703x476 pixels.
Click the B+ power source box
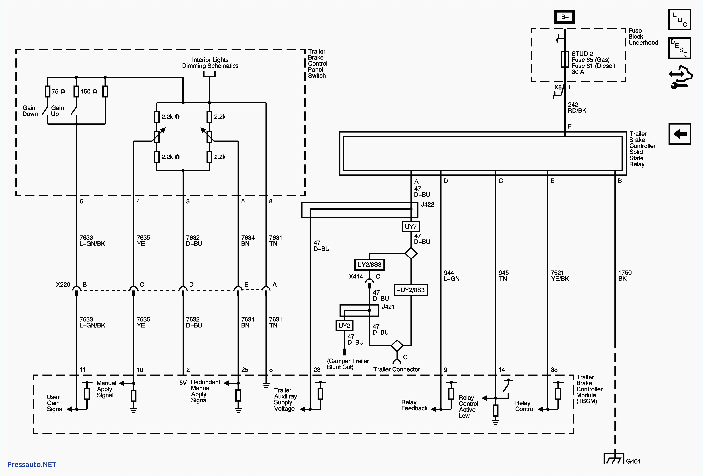[565, 17]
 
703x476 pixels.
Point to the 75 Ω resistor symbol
[48, 91]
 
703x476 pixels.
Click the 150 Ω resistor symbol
[76, 91]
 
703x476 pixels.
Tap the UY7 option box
[411, 227]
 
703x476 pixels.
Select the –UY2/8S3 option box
[411, 290]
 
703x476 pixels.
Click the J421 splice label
[388, 307]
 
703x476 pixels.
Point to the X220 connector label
[63, 284]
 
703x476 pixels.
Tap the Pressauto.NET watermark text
[32, 465]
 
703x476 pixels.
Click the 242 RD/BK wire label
[577, 107]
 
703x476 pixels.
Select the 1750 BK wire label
[625, 275]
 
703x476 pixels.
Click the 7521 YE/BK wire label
[560, 275]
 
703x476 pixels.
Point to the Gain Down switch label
[30, 111]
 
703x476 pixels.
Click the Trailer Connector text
[397, 369]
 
